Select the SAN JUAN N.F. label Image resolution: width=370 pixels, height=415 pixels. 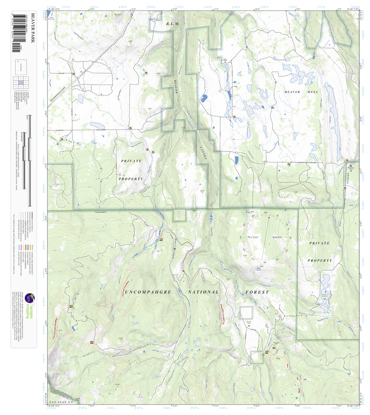[60, 401]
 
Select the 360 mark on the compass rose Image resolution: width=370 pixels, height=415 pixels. [266, 213]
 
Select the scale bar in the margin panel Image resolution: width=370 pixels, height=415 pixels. [29, 161]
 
